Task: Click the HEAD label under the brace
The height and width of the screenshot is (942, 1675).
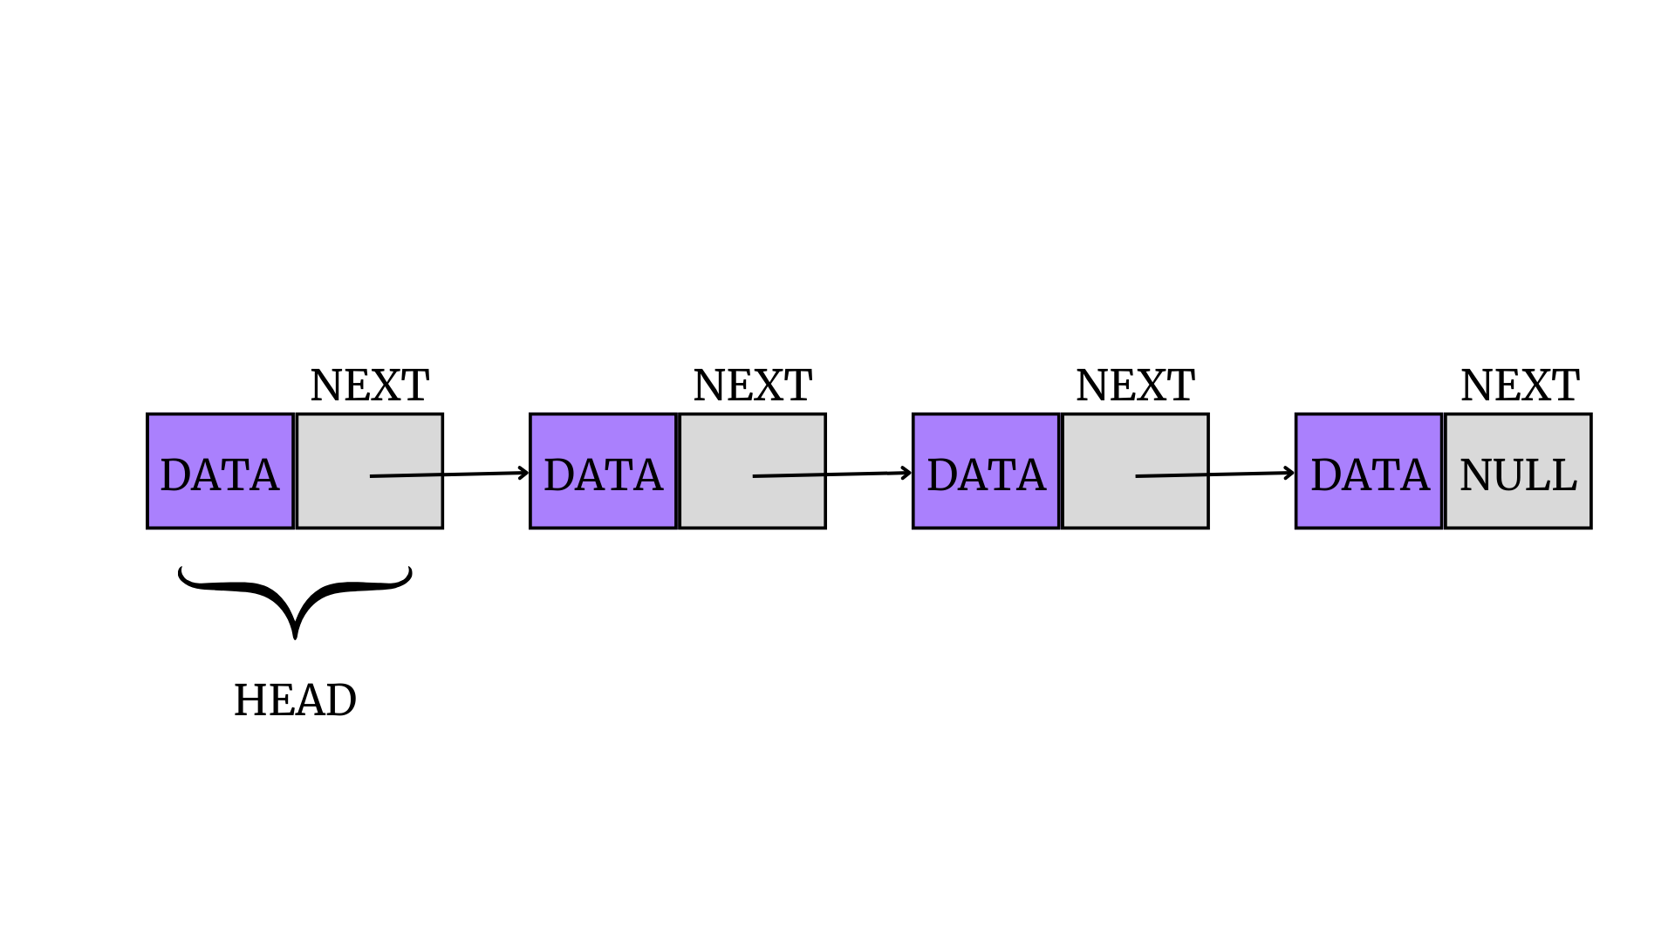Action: click(x=295, y=700)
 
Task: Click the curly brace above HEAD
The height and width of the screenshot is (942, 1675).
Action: click(x=295, y=601)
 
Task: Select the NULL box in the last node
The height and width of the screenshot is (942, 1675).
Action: click(x=1518, y=472)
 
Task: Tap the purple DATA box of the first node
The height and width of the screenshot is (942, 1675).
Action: click(x=220, y=472)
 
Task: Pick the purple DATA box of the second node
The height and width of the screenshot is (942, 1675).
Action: click(x=603, y=472)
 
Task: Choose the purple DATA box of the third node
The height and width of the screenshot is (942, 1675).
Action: click(x=986, y=472)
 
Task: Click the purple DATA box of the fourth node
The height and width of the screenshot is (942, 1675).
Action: click(x=1369, y=472)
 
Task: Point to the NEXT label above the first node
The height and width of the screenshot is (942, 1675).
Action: click(x=369, y=386)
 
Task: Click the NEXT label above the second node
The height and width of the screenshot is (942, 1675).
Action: click(x=752, y=386)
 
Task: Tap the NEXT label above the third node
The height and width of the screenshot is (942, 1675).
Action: click(x=1135, y=386)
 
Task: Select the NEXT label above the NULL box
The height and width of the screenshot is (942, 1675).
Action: click(x=1519, y=386)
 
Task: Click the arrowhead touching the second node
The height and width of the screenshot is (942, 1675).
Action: click(x=524, y=473)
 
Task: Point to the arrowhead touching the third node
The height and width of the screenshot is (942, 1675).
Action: click(x=907, y=473)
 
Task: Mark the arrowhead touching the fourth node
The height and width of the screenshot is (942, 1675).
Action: click(x=1290, y=473)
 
